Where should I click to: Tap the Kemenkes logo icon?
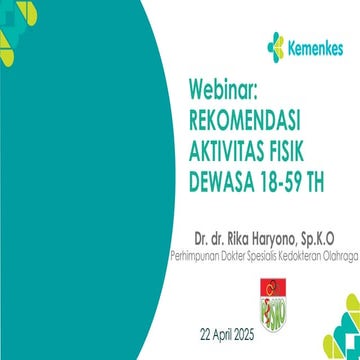275,45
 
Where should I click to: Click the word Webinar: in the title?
222,91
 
